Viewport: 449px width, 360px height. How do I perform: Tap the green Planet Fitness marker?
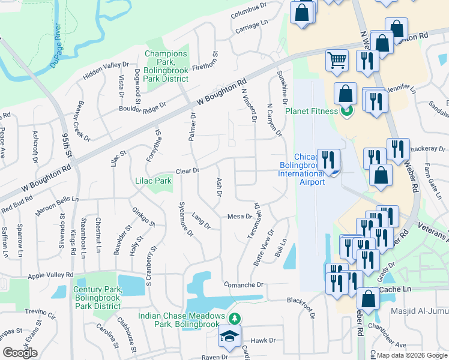point(346,110)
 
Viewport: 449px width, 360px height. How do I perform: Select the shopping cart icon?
point(337,60)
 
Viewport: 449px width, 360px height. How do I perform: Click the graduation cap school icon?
point(229,337)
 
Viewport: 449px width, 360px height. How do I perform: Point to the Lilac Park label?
point(154,180)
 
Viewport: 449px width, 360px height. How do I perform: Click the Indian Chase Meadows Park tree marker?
point(237,317)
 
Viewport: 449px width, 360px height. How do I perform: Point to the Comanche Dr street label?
point(243,284)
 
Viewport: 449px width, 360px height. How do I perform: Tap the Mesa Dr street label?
point(239,216)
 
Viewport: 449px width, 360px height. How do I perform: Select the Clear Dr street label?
point(187,171)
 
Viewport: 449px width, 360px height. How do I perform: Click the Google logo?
point(20,353)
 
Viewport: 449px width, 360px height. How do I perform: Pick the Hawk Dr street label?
point(263,340)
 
